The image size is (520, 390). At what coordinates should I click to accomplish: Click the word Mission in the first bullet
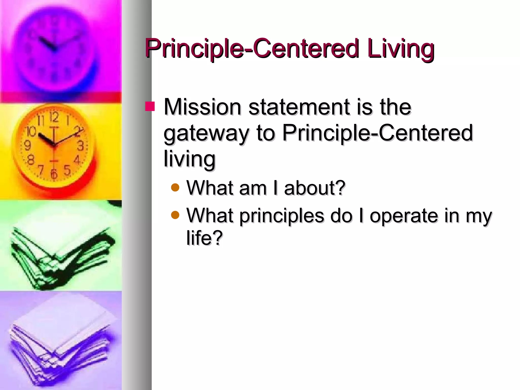click(x=202, y=107)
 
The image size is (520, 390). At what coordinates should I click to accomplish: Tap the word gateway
click(x=206, y=134)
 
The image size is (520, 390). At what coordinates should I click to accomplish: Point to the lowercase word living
click(x=189, y=159)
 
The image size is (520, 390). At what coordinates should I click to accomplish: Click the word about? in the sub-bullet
click(x=315, y=188)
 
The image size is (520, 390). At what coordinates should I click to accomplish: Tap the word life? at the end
click(x=204, y=238)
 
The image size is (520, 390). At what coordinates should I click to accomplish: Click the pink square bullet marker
click(x=150, y=106)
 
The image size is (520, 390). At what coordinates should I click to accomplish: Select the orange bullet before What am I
click(x=175, y=188)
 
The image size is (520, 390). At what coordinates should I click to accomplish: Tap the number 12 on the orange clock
click(x=54, y=117)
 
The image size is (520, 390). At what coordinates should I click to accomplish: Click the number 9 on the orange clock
click(x=27, y=145)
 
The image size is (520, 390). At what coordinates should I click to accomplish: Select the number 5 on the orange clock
click(x=67, y=170)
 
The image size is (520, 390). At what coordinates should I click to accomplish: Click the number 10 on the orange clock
click(x=31, y=131)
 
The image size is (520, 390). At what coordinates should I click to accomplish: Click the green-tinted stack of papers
click(x=61, y=254)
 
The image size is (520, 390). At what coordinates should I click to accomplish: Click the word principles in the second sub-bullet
click(x=282, y=216)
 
